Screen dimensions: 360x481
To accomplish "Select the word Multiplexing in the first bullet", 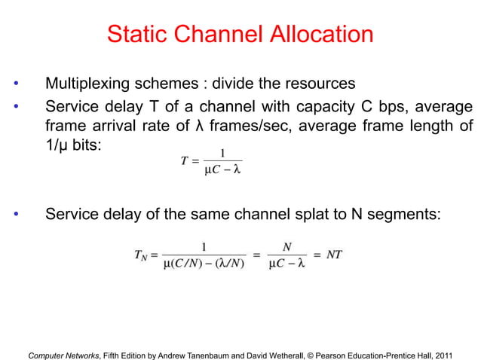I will [x=91, y=82].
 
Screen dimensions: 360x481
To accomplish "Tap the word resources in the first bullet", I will [x=317, y=82].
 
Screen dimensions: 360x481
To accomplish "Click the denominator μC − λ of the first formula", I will [x=222, y=169].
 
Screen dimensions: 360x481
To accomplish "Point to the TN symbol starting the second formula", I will [x=141, y=255].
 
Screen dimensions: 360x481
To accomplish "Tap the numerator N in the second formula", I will [x=286, y=246].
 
